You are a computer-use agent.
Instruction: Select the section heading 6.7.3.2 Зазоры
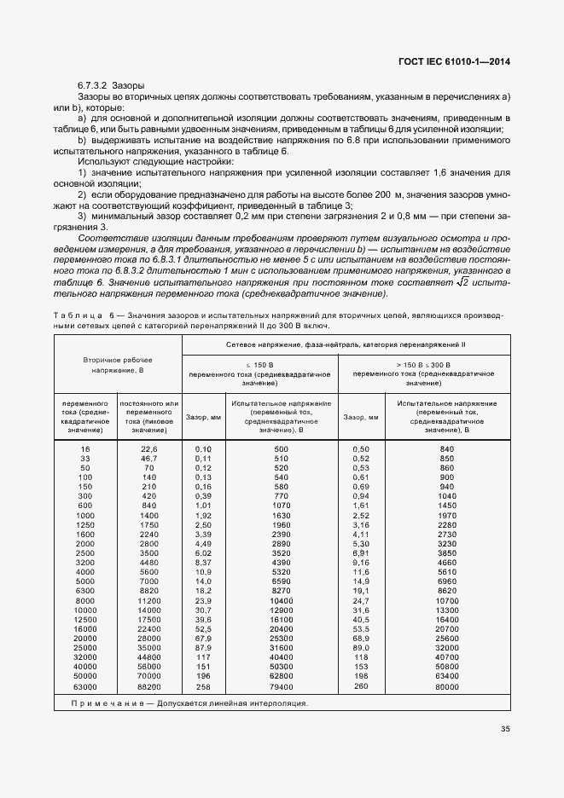[111, 86]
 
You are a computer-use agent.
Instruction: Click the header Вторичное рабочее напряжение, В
[118, 367]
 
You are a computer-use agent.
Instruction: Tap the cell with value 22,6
[149, 448]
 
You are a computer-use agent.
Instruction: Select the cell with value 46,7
[149, 458]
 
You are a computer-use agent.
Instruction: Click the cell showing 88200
[149, 686]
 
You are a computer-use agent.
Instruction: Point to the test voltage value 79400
[282, 686]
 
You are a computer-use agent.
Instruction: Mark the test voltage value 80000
[446, 685]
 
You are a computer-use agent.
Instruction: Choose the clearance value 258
[203, 686]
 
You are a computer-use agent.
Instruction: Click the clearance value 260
[361, 685]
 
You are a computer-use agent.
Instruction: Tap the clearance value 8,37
[203, 563]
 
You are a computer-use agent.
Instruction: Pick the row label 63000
[84, 686]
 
